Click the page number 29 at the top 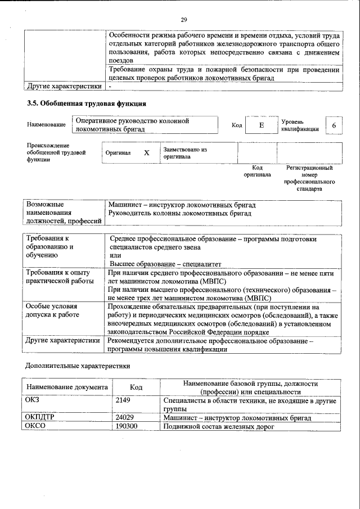tap(183, 20)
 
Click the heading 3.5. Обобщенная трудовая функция tap(87, 103)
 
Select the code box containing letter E tap(261, 126)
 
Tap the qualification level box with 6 tap(334, 126)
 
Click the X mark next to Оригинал tap(147, 153)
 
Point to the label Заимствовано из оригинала tap(185, 153)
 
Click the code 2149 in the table tap(123, 401)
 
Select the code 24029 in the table tap(124, 418)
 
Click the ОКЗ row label tap(34, 401)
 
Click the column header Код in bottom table tap(136, 388)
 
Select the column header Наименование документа tap(67, 388)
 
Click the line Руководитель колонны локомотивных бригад tap(180, 214)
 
